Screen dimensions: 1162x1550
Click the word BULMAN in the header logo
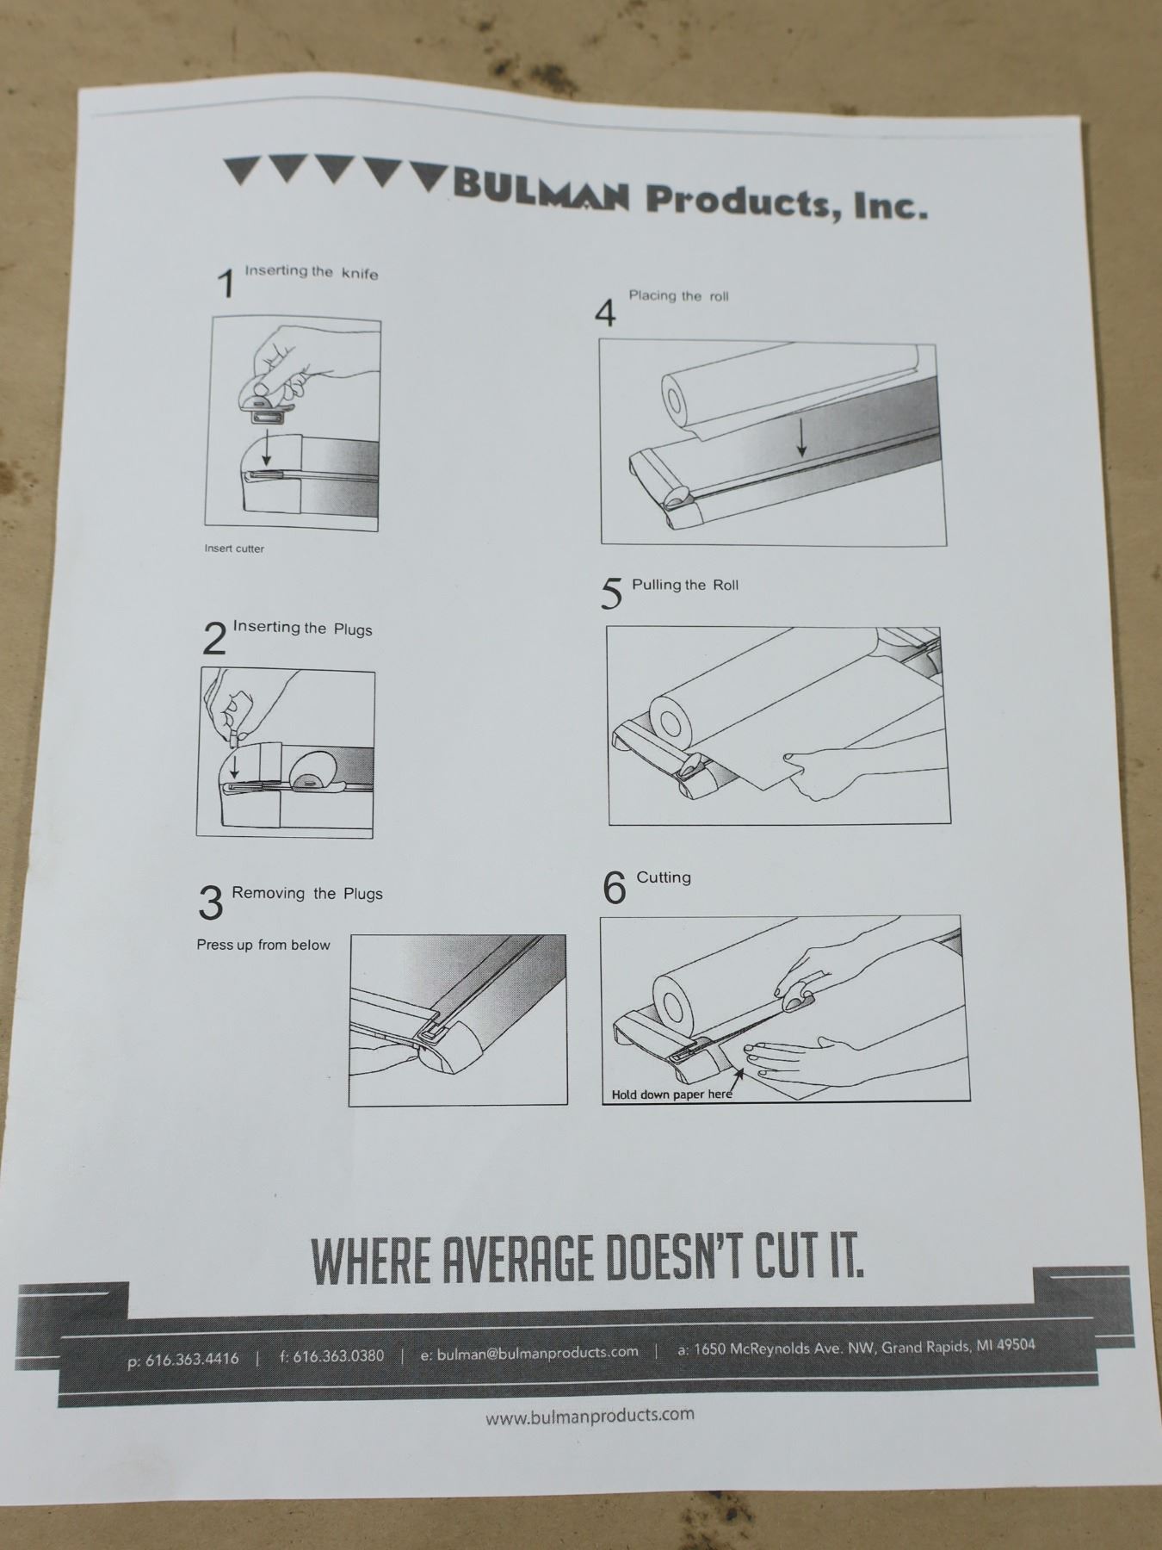(x=541, y=190)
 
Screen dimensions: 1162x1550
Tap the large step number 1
(x=226, y=283)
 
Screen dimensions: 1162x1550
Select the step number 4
(x=605, y=313)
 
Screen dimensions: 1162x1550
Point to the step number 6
(x=614, y=888)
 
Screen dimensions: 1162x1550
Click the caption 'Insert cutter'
(x=234, y=549)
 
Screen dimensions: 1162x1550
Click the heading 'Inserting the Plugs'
(x=303, y=628)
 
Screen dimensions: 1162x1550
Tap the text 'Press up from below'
(x=263, y=945)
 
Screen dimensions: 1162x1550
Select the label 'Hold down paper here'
(x=672, y=1094)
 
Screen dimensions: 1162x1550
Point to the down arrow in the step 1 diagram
(x=267, y=447)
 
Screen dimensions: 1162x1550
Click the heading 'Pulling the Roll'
(x=685, y=585)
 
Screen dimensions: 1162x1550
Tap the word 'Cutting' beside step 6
(x=664, y=877)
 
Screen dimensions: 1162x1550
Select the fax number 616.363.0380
(x=338, y=1356)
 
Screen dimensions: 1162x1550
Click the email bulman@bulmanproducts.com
(x=538, y=1353)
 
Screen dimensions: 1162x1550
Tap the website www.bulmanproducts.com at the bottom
(x=590, y=1415)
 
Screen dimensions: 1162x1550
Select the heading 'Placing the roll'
(x=678, y=296)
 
